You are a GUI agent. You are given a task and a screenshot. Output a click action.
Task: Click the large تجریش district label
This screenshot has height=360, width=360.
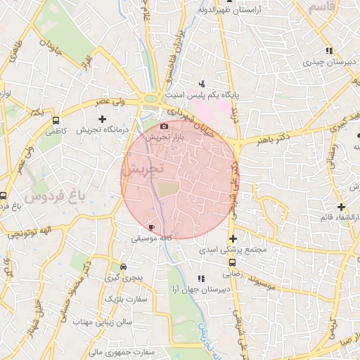tap(146, 169)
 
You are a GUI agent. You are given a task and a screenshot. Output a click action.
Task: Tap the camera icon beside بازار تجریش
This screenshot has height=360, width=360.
tap(164, 127)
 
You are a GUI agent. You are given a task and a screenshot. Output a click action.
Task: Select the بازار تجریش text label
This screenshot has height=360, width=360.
tap(164, 138)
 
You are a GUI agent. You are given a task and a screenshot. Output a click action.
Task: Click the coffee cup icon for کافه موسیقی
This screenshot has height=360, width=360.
tap(151, 228)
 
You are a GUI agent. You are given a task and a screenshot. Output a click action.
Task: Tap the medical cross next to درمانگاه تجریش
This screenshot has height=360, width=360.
tap(101, 119)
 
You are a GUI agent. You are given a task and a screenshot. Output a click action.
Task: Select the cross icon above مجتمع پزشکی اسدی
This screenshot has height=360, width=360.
tap(233, 239)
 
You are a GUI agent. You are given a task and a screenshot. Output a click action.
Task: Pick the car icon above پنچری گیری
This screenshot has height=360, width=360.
tap(124, 267)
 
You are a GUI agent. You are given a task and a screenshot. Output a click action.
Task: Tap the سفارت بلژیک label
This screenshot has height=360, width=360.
tap(124, 300)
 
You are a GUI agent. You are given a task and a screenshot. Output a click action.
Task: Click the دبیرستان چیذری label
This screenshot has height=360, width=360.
tap(327, 62)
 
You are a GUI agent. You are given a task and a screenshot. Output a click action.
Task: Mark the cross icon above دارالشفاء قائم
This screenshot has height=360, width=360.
tap(342, 207)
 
